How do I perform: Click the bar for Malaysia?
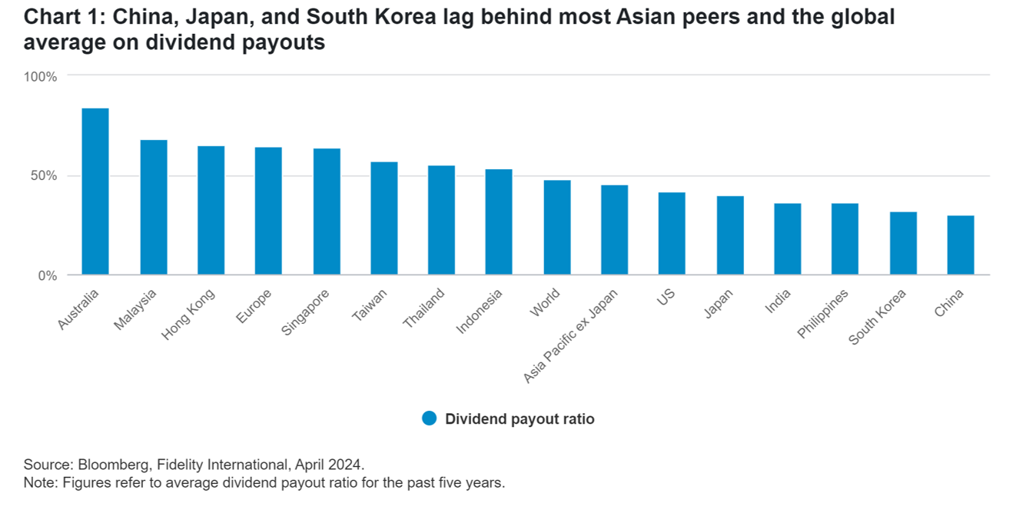click(x=153, y=207)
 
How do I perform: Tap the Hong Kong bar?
click(x=211, y=210)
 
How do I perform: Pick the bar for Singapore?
click(x=327, y=212)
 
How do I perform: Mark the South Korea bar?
click(x=903, y=243)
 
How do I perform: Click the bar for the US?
click(x=672, y=233)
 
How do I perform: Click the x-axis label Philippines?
click(x=822, y=313)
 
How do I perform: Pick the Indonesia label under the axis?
click(x=479, y=312)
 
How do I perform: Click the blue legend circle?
click(x=429, y=418)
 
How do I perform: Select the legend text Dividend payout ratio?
click(x=520, y=419)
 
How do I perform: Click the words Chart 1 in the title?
click(x=58, y=17)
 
